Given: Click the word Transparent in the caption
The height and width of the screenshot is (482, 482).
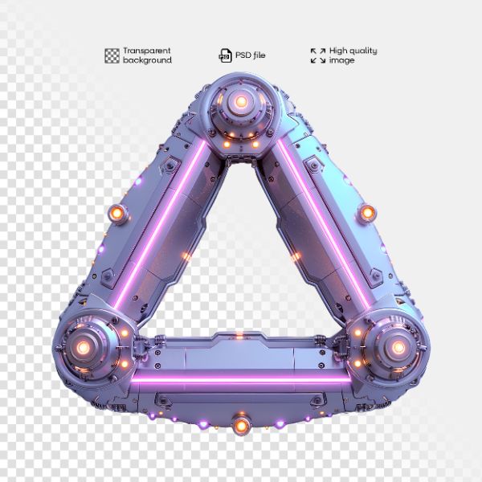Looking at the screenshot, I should point(148,51).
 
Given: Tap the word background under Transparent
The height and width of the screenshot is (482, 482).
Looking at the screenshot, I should point(147,60).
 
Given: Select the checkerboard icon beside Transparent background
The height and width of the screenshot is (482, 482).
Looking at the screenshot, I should point(112,55).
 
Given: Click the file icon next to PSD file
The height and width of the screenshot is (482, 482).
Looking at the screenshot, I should point(225,55).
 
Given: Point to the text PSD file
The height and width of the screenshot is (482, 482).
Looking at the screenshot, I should point(250,55).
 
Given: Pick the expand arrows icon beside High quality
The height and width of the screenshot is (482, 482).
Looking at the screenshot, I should point(317,55).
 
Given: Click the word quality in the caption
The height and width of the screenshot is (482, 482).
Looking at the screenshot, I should point(362,51).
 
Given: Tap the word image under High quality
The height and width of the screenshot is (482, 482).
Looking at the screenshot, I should point(341,60).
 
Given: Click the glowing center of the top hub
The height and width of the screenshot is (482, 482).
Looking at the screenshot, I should point(239,102).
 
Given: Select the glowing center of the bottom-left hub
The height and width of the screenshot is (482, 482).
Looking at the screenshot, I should point(83,347).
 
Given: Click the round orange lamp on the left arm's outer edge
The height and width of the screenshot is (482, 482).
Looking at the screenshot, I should point(117,213).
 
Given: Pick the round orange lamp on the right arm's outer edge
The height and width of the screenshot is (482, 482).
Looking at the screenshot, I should point(367,213).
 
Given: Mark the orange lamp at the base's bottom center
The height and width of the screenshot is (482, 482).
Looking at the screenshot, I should point(239,423).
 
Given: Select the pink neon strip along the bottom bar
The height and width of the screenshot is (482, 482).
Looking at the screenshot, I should point(241,377).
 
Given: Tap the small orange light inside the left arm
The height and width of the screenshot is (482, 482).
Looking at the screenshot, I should point(186,256).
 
